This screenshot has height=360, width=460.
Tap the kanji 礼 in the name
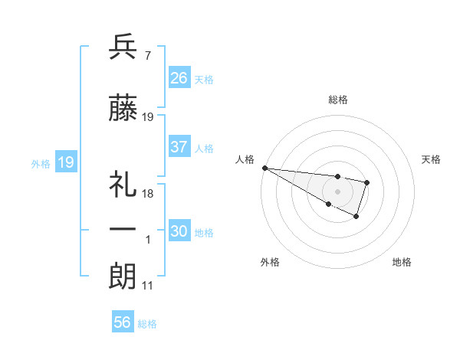pos(123,184)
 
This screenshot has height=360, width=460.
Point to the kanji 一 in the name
pos(123,229)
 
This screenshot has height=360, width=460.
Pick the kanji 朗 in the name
pos(123,276)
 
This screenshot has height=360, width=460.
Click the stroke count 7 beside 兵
pos(147,55)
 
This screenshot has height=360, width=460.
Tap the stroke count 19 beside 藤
pos(148,117)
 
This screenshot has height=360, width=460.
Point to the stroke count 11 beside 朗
pos(148,286)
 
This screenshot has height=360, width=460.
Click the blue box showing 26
pos(179,78)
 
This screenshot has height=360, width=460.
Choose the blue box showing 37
pos(179,147)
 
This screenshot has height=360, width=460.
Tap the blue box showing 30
pos(179,231)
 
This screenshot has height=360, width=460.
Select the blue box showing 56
pos(123,322)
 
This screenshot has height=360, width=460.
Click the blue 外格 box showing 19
pos(65,162)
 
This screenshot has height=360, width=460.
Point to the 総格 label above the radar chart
pos(338,100)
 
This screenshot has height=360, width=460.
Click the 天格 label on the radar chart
pos(432,159)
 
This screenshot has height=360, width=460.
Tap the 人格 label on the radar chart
pos(244,159)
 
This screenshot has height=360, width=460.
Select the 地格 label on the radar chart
pos(402,262)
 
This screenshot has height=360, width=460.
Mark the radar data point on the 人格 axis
pos(264,168)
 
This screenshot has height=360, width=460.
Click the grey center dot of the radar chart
pos(338,191)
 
